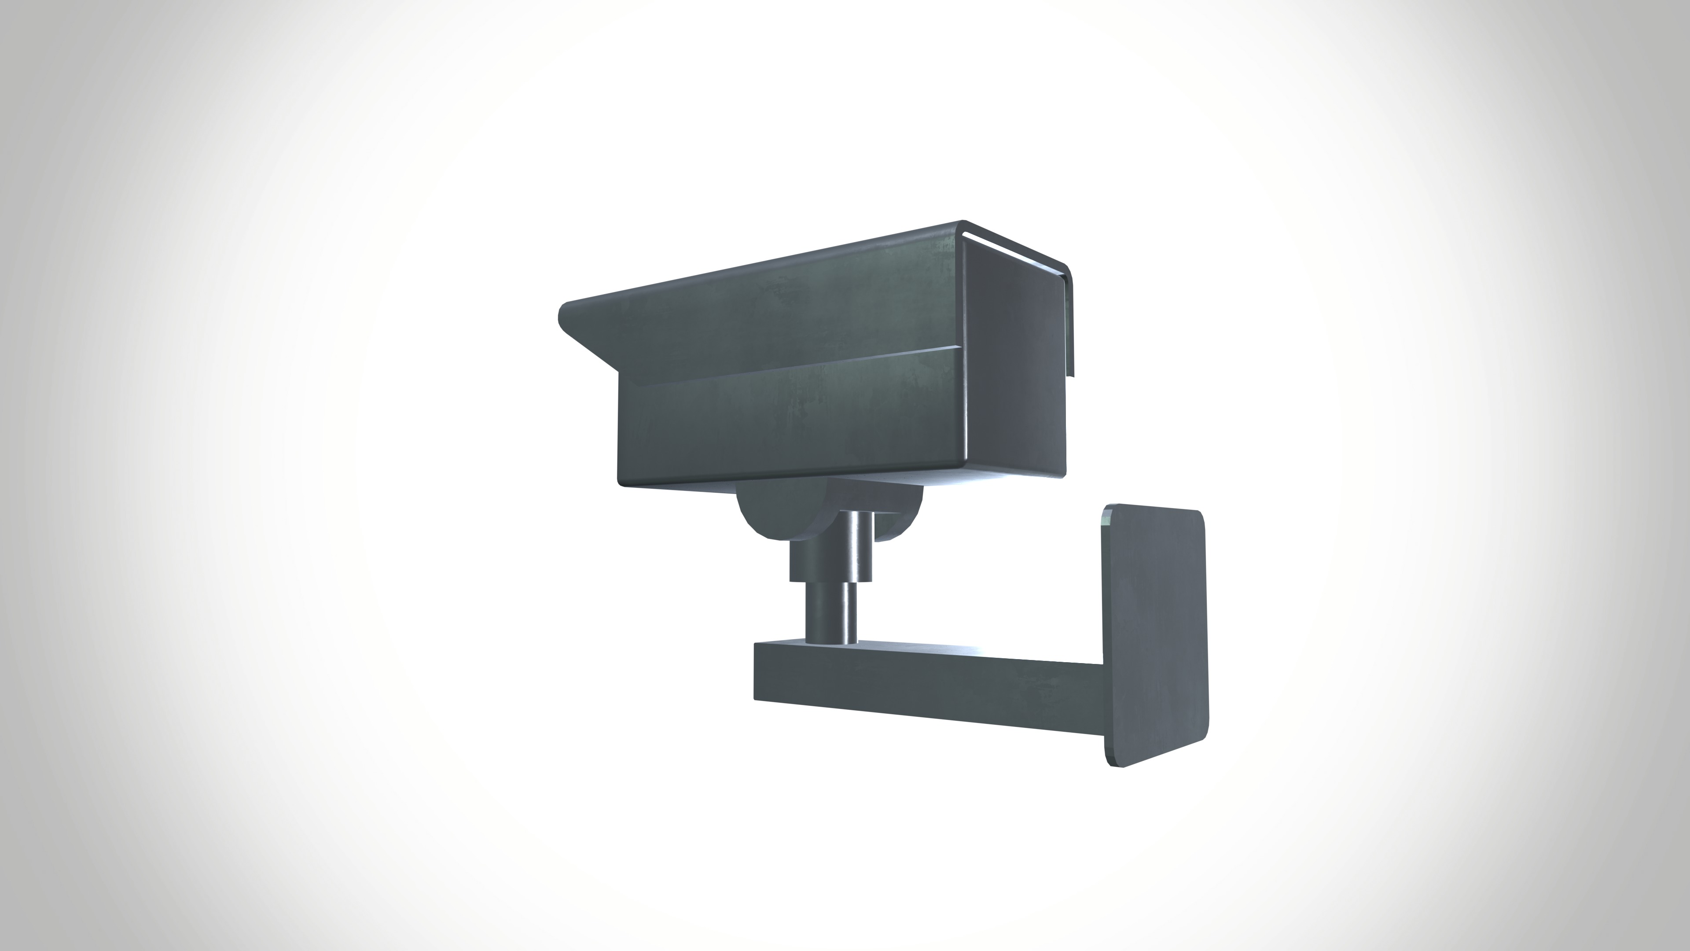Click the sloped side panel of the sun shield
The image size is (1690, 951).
coord(754,309)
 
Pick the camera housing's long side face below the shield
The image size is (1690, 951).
coord(787,420)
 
